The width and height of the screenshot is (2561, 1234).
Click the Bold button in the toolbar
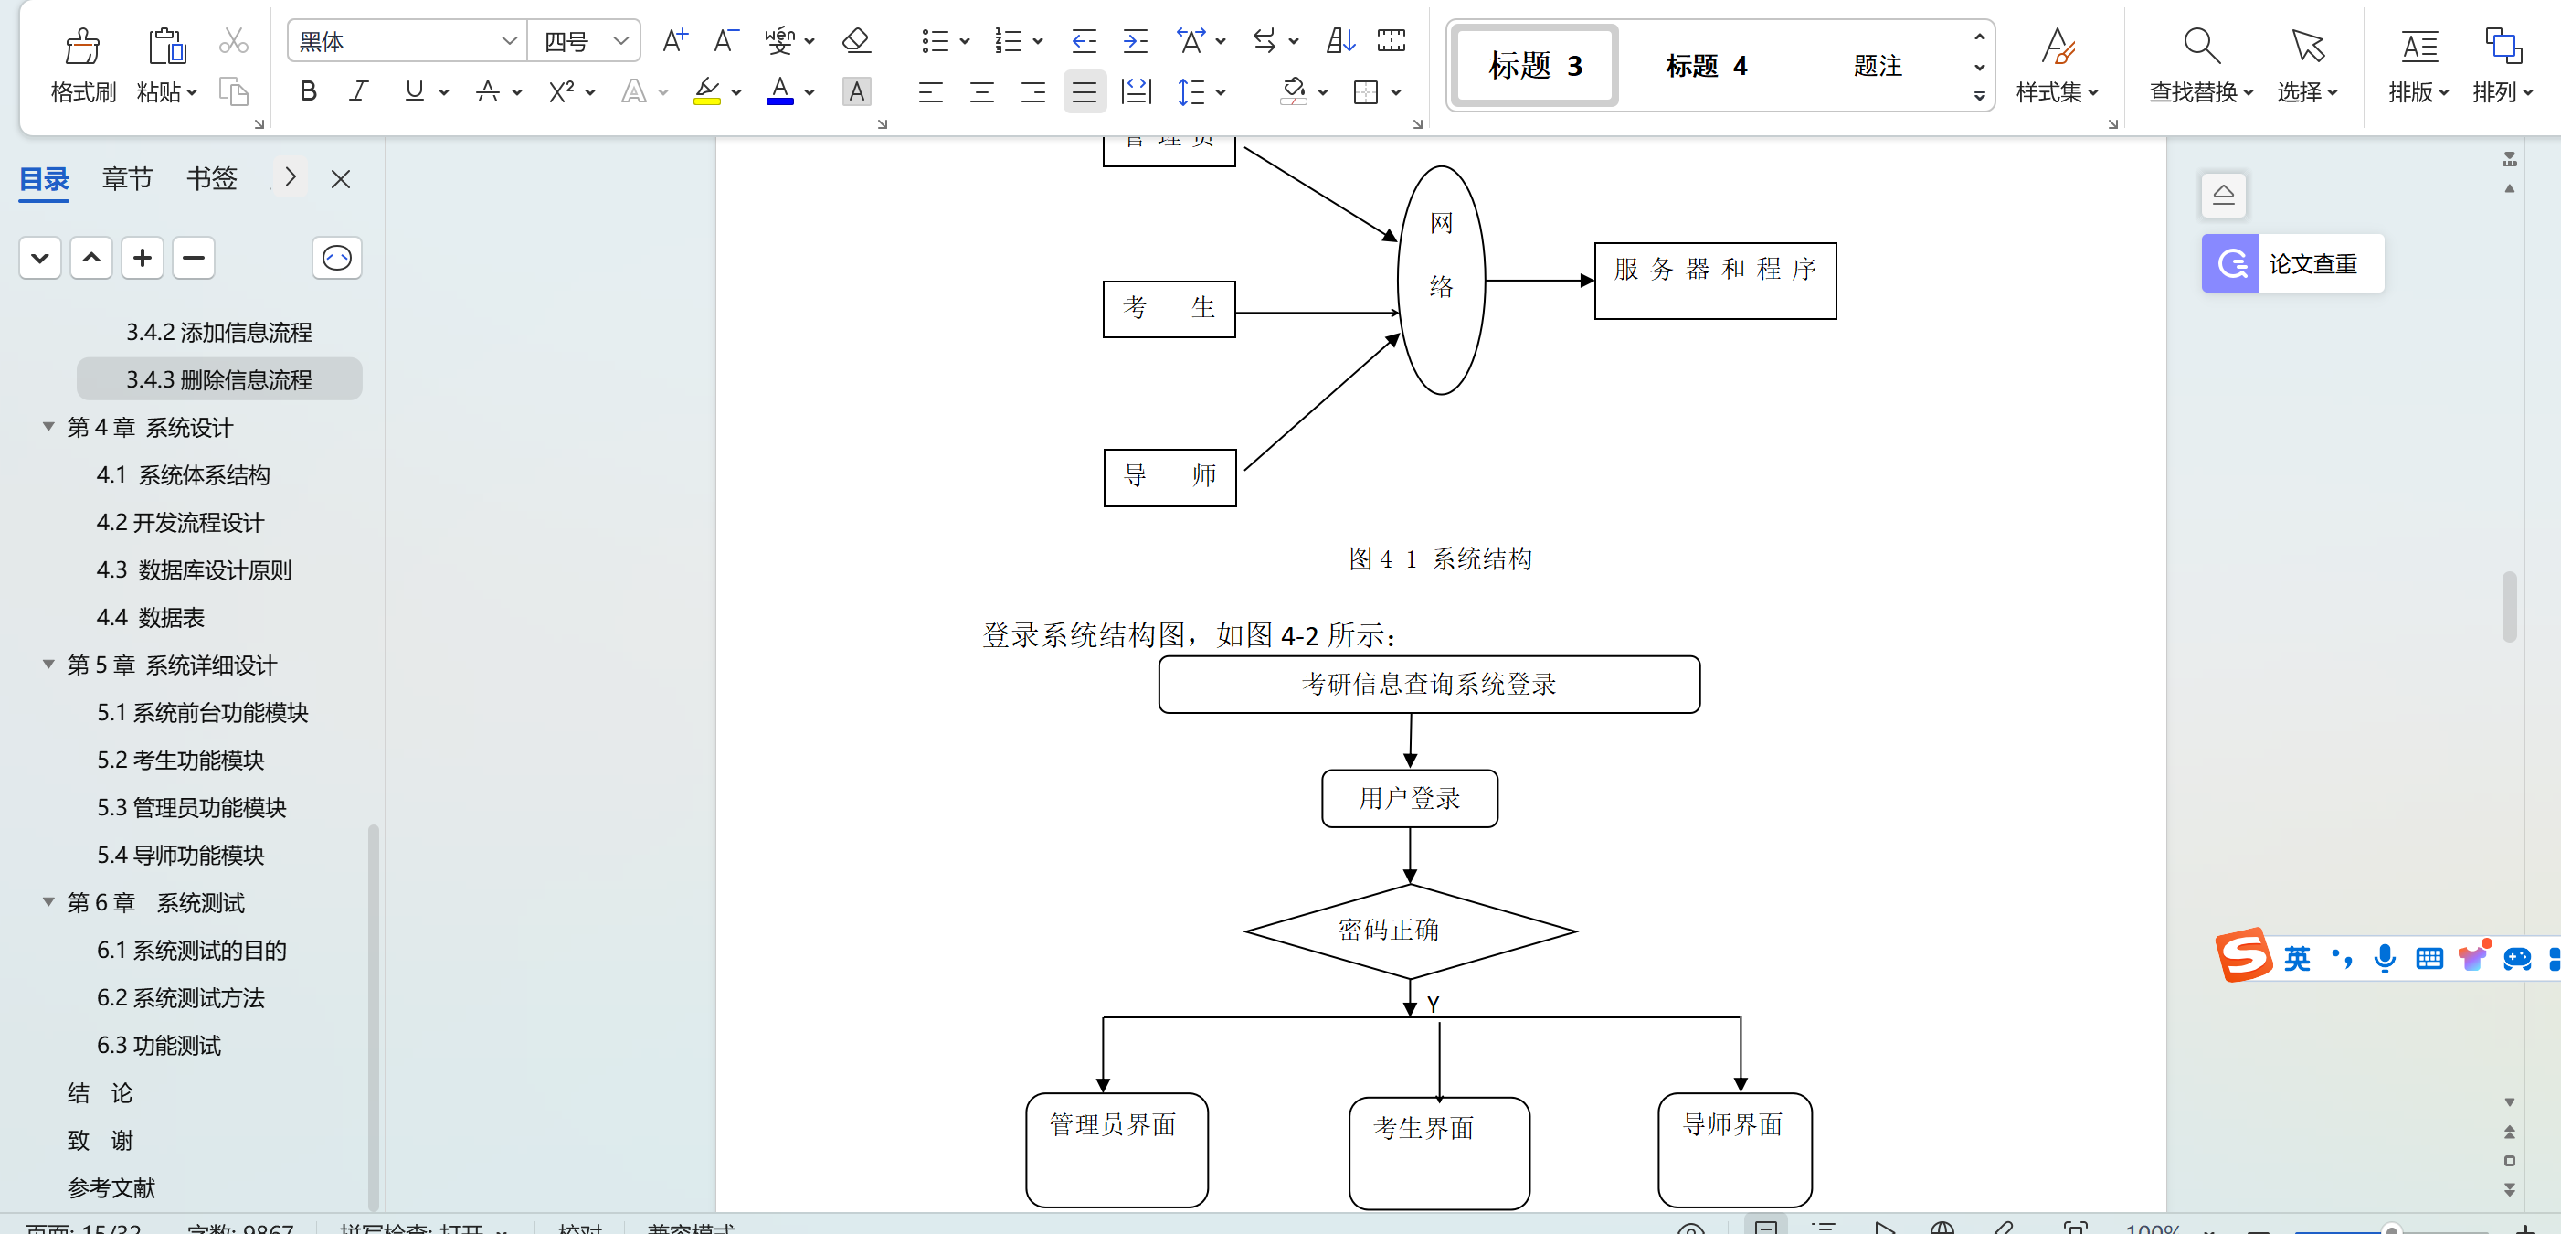308,91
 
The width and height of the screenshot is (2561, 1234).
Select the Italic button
358,91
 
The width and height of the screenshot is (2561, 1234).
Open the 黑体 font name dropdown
508,41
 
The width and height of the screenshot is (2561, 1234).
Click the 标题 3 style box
1534,66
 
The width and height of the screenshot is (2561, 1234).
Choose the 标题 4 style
1705,66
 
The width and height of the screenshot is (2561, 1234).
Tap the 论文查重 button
2292,263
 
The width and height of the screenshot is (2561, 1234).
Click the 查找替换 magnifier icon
2200,45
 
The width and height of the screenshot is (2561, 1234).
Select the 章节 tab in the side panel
127,179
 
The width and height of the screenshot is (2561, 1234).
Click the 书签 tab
212,179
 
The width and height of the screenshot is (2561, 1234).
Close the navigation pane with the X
341,179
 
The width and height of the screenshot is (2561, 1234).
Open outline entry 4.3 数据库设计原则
194,569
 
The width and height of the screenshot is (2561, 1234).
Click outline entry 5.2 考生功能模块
181,760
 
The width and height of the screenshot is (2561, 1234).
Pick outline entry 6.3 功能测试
159,1045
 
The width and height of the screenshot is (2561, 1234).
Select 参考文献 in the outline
111,1187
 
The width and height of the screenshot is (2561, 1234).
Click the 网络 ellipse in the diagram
1441,280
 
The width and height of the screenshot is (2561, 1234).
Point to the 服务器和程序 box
1715,281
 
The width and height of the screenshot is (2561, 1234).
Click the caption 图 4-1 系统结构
1440,558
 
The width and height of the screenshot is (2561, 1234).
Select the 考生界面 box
1439,1152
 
